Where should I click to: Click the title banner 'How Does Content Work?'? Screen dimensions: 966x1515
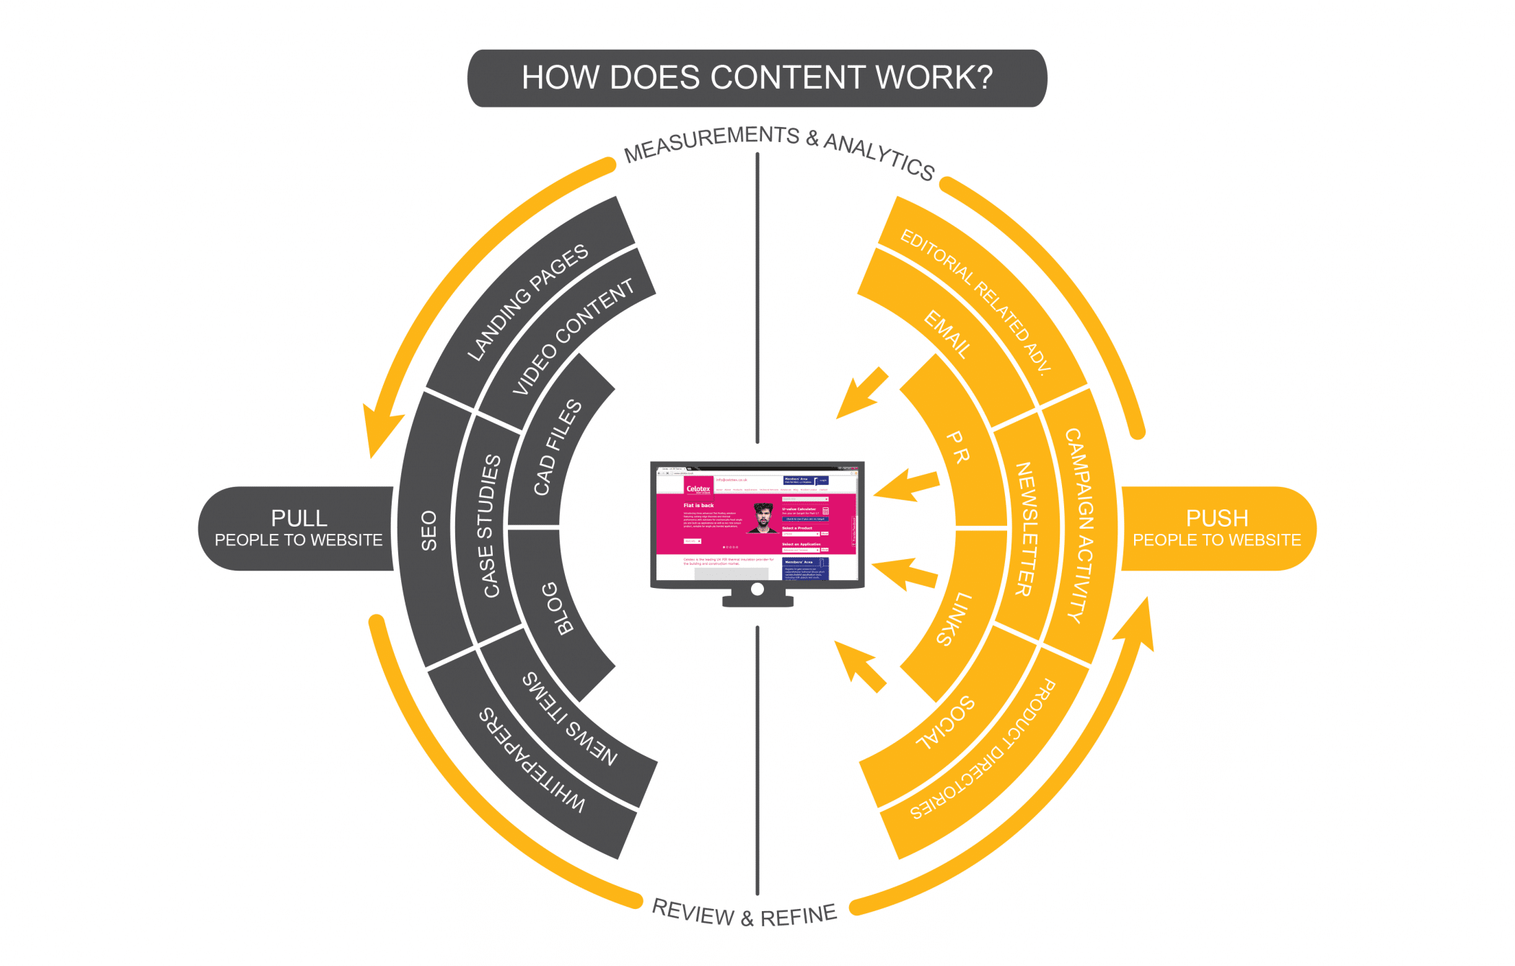[x=757, y=78]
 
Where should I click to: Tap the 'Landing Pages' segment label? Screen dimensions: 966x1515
[x=527, y=302]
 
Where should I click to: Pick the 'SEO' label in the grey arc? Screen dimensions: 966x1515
[x=429, y=531]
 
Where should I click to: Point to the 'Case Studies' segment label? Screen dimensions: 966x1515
[x=491, y=526]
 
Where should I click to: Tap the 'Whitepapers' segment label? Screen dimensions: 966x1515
[x=532, y=760]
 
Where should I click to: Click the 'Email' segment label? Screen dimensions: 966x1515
[x=947, y=334]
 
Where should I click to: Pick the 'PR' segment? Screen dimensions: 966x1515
[x=957, y=447]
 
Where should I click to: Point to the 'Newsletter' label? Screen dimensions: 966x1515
[x=1025, y=529]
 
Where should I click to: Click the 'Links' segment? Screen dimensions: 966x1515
[x=954, y=619]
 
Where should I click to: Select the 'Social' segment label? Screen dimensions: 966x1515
[x=944, y=723]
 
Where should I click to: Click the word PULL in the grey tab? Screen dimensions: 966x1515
[x=299, y=518]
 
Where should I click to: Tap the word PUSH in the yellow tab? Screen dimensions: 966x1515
[x=1216, y=518]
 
